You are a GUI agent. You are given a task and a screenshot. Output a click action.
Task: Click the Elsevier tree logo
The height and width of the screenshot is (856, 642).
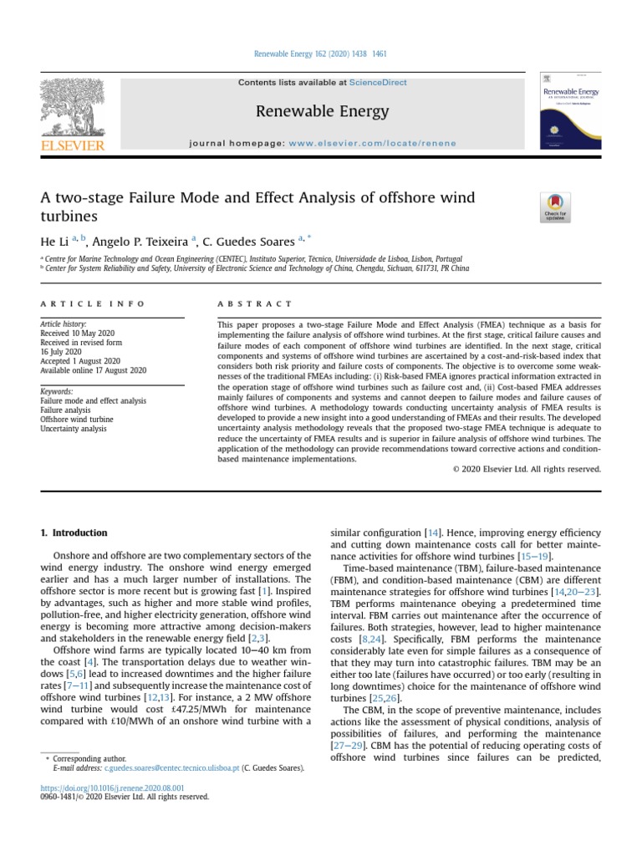(73, 108)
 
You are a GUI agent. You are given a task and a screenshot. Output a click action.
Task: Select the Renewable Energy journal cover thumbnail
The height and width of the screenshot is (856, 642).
(570, 110)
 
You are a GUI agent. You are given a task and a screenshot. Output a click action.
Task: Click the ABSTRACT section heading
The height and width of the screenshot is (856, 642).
(255, 304)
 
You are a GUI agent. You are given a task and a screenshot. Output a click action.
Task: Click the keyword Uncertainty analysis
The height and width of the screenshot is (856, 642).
(74, 429)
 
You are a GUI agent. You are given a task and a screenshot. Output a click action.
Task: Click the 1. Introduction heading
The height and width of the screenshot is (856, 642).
(74, 532)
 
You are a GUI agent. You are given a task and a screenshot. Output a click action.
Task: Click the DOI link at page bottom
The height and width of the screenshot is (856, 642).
(113, 788)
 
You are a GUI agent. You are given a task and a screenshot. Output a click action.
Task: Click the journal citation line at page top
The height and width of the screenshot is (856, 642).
(320, 55)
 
